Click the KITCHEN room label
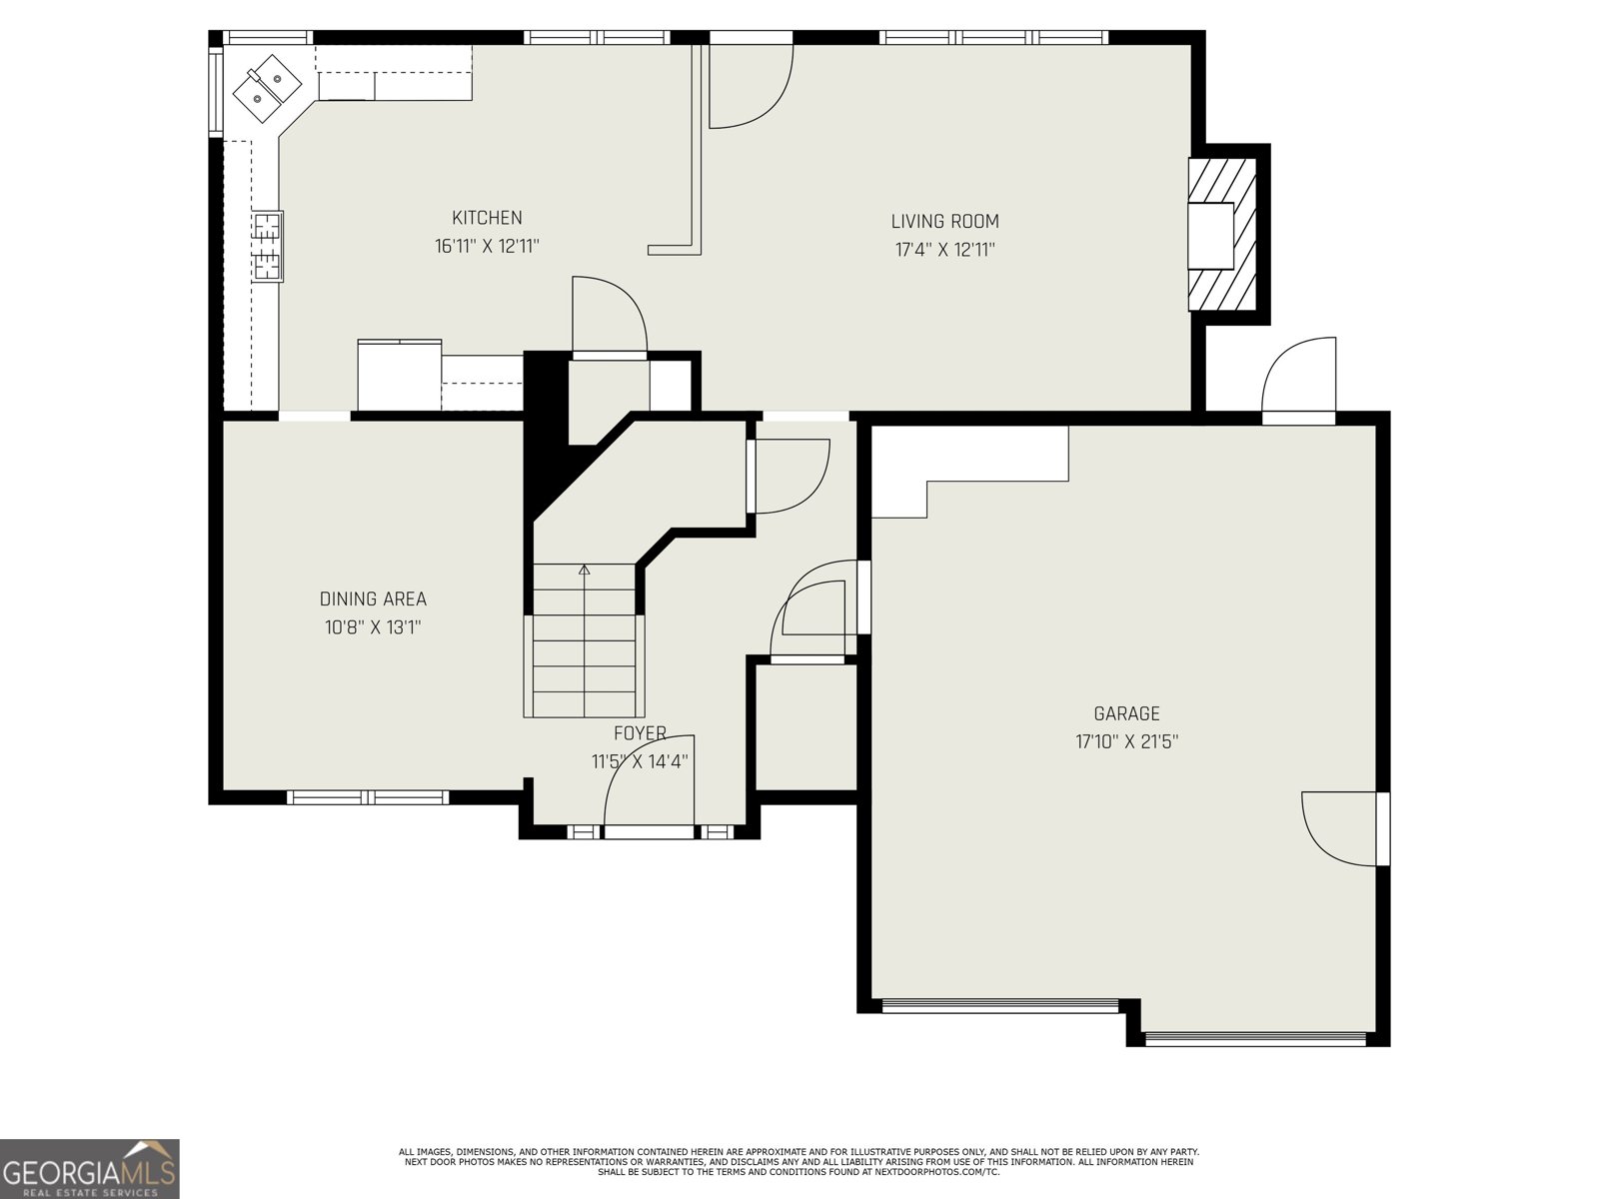coord(487,218)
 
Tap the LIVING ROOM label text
coord(944,222)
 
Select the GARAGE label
coord(1126,713)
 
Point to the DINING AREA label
coord(373,599)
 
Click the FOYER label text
coord(640,733)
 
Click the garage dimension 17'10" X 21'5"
coord(1126,742)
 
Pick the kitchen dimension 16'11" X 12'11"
coord(487,246)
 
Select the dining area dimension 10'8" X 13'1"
coord(373,628)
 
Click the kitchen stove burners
coord(267,246)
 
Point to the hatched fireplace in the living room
coord(1222,234)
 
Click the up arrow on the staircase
coord(585,572)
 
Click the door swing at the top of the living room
coord(750,88)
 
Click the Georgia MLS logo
coord(90,1168)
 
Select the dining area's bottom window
coord(367,797)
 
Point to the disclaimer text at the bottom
coord(799,1161)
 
